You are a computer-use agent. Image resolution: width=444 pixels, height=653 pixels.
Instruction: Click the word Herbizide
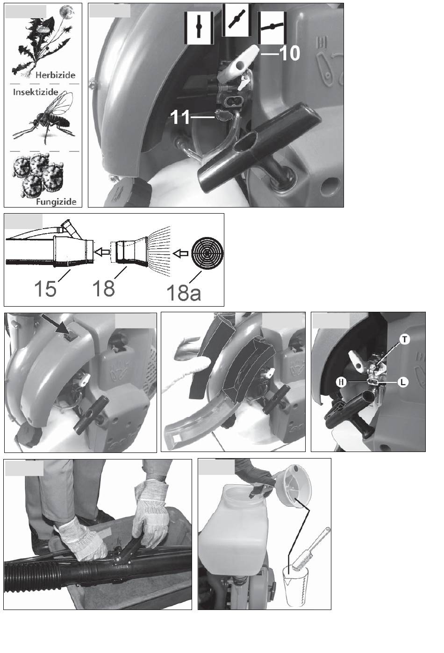[x=55, y=75]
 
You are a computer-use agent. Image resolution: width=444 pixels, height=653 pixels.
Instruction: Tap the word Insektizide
[x=36, y=92]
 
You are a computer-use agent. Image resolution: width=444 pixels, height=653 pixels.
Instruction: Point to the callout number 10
[x=289, y=53]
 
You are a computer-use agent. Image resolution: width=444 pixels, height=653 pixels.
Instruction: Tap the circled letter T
[x=405, y=339]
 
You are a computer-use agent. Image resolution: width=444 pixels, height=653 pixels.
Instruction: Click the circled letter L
[x=403, y=382]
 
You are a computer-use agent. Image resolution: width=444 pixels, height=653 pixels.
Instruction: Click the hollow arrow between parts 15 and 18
[x=100, y=253]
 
